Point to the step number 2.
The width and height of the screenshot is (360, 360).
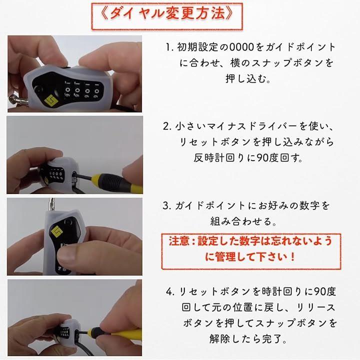pos(167,125)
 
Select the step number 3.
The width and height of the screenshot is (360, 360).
pos(167,205)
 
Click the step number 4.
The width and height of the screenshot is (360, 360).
pos(169,290)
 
